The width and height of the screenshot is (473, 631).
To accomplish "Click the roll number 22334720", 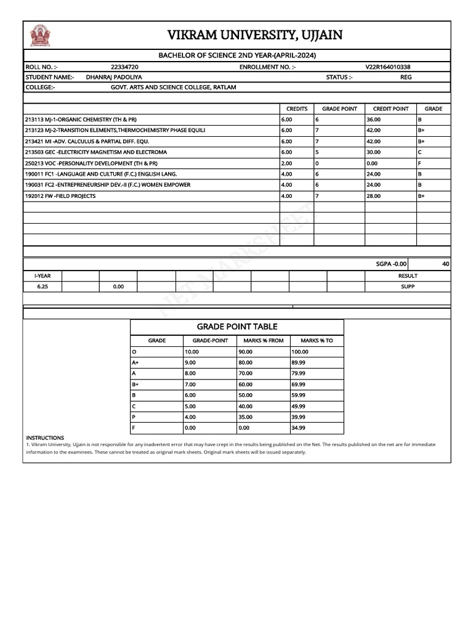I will [124, 67].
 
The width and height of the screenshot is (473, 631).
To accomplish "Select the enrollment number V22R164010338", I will [388, 67].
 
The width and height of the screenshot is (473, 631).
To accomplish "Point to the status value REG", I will [406, 77].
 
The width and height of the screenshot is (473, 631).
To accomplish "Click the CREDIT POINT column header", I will [390, 108].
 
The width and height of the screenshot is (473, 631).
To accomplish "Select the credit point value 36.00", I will [373, 120].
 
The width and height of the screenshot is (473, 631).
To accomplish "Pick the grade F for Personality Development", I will [419, 163].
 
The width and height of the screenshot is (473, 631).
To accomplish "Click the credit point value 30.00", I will [373, 152].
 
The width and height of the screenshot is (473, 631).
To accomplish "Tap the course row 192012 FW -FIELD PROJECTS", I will [60, 196].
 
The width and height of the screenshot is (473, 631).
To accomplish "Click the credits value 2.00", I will [286, 163].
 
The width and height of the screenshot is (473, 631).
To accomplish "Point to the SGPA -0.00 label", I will [392, 264].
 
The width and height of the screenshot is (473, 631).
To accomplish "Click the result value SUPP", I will [408, 287].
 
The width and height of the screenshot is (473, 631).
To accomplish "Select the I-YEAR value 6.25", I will [42, 287].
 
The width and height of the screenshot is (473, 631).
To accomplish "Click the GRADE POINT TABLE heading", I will [237, 327].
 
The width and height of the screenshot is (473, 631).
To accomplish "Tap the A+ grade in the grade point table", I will [135, 362].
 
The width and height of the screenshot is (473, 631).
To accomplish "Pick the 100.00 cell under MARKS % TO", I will [300, 351].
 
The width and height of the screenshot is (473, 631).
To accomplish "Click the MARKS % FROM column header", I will [264, 340].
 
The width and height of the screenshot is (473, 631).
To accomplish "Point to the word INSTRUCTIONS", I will [45, 438].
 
